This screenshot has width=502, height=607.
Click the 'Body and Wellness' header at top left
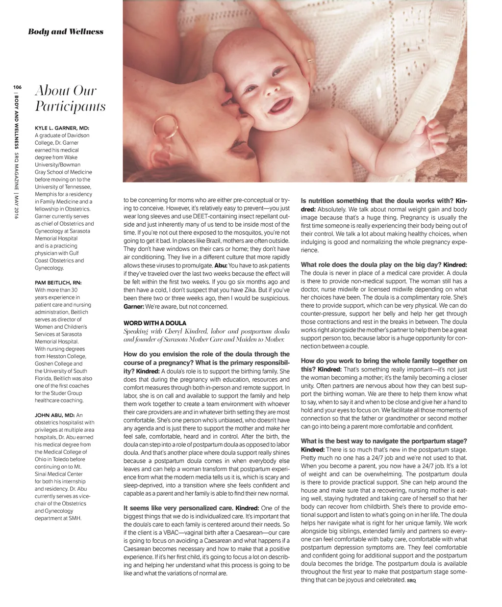pos(66,32)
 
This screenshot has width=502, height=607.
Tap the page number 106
pos(16,87)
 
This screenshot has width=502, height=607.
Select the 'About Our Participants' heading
pos(70,98)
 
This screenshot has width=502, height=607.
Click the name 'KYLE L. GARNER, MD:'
pos(62,128)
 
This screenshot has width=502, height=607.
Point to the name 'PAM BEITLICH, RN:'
pos(58,283)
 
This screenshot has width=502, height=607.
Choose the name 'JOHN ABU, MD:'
pos(54,415)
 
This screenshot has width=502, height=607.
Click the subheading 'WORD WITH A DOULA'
pos(155,323)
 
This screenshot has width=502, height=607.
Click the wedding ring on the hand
pos(309,61)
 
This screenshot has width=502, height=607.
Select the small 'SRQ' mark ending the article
pos(411,581)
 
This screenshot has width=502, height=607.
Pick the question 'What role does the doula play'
pos(371,265)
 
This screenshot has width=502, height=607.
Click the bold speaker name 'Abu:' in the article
pos(221,265)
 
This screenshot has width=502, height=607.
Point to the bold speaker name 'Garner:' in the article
pos(134,307)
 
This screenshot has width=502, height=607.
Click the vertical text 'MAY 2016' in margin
pos(17,207)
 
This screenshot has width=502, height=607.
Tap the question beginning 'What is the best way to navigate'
pos(384,441)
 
